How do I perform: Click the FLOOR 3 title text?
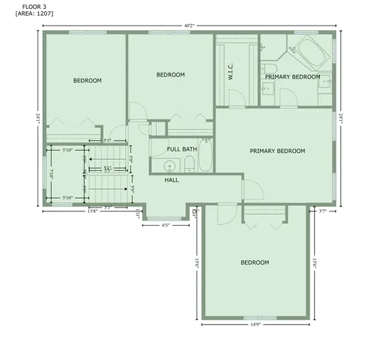pyautogui.click(x=25, y=7)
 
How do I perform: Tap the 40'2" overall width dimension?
pyautogui.click(x=188, y=25)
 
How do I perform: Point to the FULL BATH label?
pyautogui.click(x=181, y=149)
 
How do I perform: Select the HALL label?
pyautogui.click(x=172, y=180)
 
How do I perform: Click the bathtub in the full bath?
pyautogui.click(x=208, y=155)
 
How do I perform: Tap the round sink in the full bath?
pyautogui.click(x=169, y=166)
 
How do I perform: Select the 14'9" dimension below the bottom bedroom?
pyautogui.click(x=255, y=325)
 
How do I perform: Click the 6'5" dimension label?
pyautogui.click(x=166, y=224)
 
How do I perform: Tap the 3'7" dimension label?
pyautogui.click(x=323, y=211)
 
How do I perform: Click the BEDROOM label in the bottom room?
pyautogui.click(x=255, y=262)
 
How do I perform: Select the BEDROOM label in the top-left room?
pyautogui.click(x=87, y=81)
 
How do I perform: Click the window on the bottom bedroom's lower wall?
pyautogui.click(x=256, y=317)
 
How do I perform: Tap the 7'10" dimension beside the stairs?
pyautogui.click(x=51, y=173)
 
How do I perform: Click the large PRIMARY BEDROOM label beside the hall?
pyautogui.click(x=277, y=151)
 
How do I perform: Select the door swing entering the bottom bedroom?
pyautogui.click(x=223, y=217)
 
